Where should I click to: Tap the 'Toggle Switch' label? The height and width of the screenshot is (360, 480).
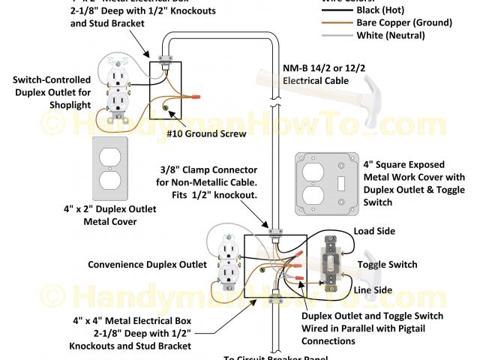coord(387,265)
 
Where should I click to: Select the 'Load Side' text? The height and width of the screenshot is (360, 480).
coord(374,232)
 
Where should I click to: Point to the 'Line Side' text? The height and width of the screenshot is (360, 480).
coord(373,289)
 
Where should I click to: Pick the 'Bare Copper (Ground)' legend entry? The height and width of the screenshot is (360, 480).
coord(406,23)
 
